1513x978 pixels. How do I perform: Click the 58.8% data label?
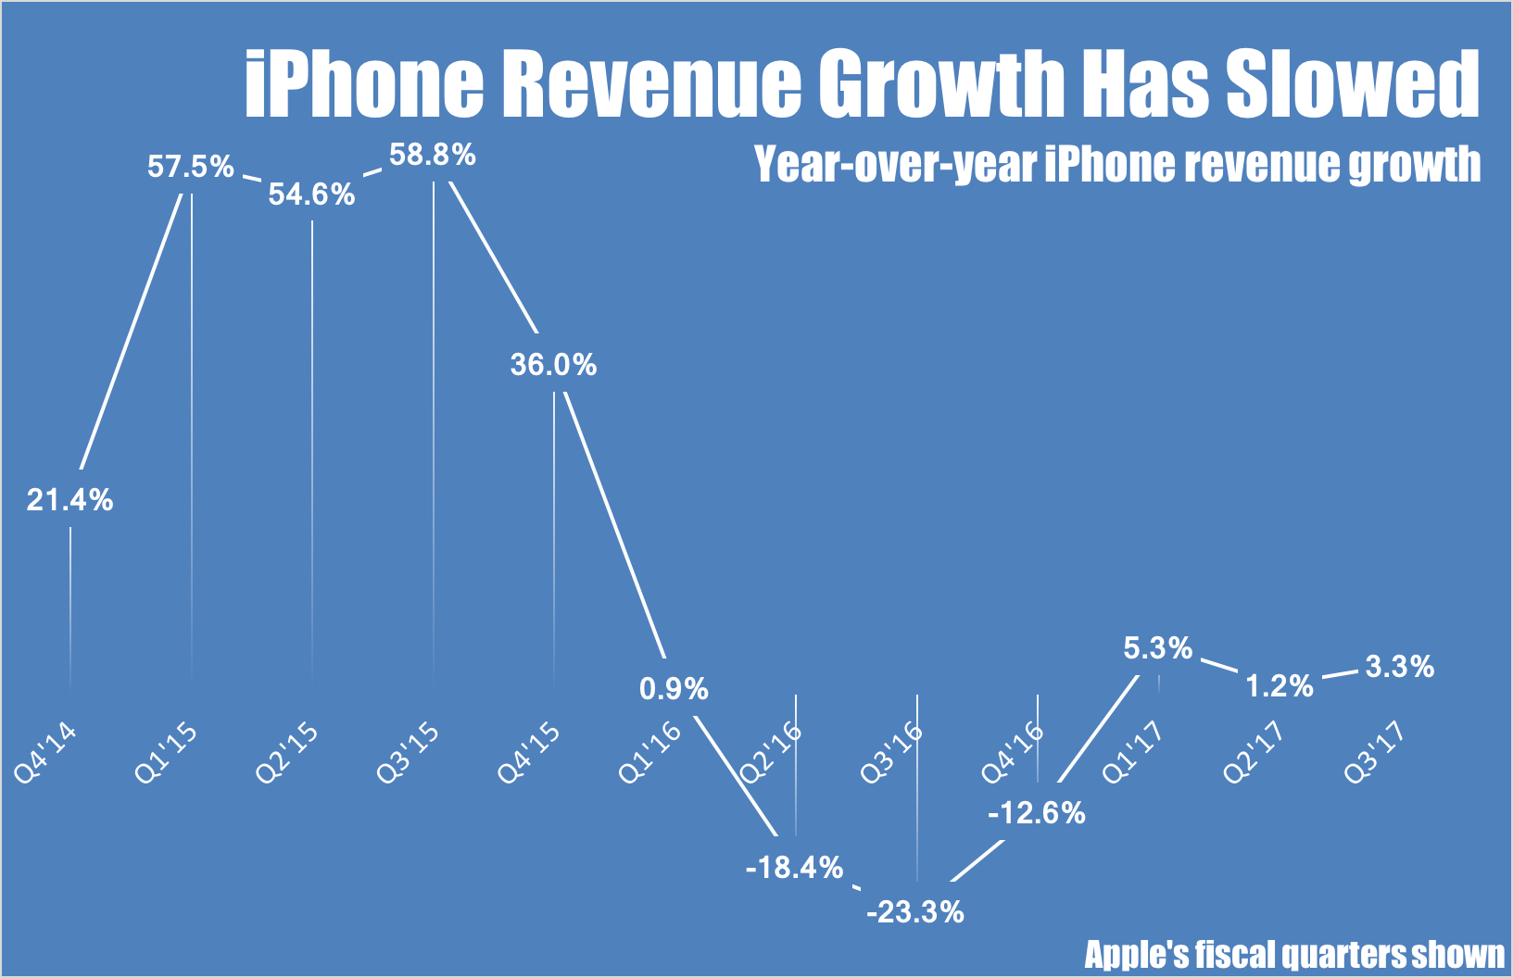click(x=433, y=155)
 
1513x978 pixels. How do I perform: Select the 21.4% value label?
click(x=69, y=500)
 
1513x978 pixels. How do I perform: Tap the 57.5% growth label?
click(x=191, y=168)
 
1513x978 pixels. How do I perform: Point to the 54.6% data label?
click(x=312, y=194)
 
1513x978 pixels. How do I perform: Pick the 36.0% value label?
click(x=553, y=365)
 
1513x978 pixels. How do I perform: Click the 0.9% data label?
click(x=674, y=689)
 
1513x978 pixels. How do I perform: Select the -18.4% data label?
click(x=795, y=868)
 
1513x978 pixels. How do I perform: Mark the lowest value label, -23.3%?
click(x=915, y=912)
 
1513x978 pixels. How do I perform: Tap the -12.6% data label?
click(x=1037, y=813)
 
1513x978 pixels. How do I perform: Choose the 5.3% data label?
click(x=1158, y=648)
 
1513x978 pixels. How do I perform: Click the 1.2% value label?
click(x=1280, y=686)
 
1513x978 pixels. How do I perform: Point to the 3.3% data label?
click(x=1400, y=667)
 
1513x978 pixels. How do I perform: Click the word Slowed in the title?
click(x=1352, y=85)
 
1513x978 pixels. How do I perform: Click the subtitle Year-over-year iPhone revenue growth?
click(x=1117, y=165)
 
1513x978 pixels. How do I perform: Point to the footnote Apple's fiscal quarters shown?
click(x=1294, y=955)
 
